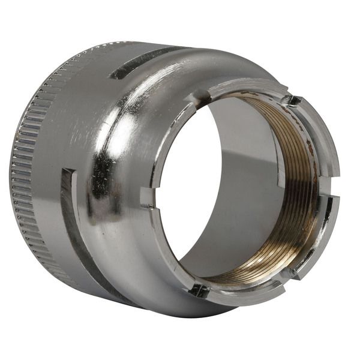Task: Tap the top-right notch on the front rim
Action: (292, 100)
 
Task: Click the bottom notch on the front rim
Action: (198, 290)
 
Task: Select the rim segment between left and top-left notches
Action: (165, 138)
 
